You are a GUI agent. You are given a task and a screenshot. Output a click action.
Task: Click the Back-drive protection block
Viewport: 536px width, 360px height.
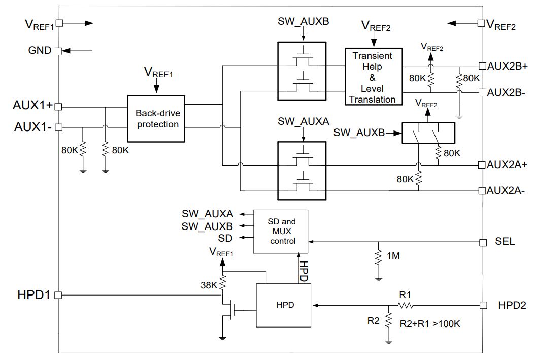click(x=156, y=119)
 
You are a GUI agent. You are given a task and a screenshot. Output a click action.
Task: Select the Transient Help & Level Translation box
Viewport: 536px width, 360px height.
click(x=374, y=77)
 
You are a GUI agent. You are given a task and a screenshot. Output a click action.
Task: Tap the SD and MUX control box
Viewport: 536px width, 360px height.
click(x=280, y=232)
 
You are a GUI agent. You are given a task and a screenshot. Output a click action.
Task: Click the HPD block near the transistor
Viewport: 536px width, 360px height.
click(x=284, y=305)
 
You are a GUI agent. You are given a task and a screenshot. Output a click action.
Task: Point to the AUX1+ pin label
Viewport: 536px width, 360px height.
click(x=33, y=105)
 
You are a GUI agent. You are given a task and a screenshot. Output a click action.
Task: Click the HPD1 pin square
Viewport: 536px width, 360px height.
click(x=58, y=295)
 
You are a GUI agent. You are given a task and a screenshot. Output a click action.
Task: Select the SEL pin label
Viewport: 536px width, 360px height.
click(x=505, y=241)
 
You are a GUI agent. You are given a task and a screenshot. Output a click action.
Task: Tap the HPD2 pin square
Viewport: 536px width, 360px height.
click(x=483, y=305)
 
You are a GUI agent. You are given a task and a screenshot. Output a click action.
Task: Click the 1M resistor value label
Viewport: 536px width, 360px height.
click(x=393, y=256)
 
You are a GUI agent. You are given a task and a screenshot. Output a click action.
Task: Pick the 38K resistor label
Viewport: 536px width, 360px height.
click(x=209, y=285)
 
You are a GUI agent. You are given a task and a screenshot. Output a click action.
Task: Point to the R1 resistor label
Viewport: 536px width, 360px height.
click(x=405, y=294)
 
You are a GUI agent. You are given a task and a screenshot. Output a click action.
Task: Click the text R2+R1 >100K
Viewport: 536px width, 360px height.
click(x=430, y=324)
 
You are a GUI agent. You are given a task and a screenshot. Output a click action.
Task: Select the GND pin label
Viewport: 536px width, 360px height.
click(x=40, y=50)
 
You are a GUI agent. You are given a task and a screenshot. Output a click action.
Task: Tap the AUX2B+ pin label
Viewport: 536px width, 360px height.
click(x=507, y=66)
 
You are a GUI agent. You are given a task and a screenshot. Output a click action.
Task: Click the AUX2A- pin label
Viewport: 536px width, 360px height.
click(x=506, y=190)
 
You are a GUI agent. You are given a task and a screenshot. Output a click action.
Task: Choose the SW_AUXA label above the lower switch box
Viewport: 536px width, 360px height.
click(x=303, y=121)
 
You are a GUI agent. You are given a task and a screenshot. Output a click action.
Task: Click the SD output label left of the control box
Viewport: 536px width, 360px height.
click(x=225, y=238)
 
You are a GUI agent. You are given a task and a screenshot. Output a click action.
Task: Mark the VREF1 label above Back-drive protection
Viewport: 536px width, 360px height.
click(x=158, y=72)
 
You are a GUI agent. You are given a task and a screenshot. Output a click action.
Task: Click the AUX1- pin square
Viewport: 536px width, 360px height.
click(x=58, y=127)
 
